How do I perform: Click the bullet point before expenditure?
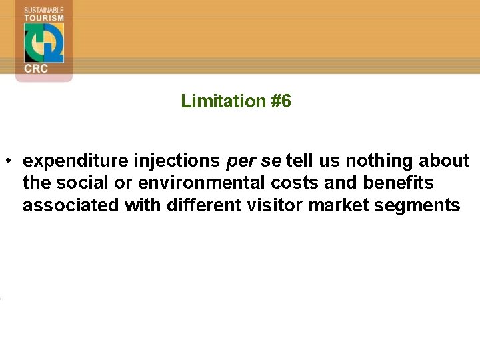pos(8,161)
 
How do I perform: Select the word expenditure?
pos(75,161)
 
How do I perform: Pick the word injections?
pos(177,161)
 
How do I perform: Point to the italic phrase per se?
pos(255,161)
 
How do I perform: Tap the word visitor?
pos(279,205)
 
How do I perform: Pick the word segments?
pos(417,205)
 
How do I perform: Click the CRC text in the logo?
pos(36,69)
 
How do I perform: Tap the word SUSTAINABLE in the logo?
pos(44,10)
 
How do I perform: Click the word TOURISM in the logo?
pos(44,18)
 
